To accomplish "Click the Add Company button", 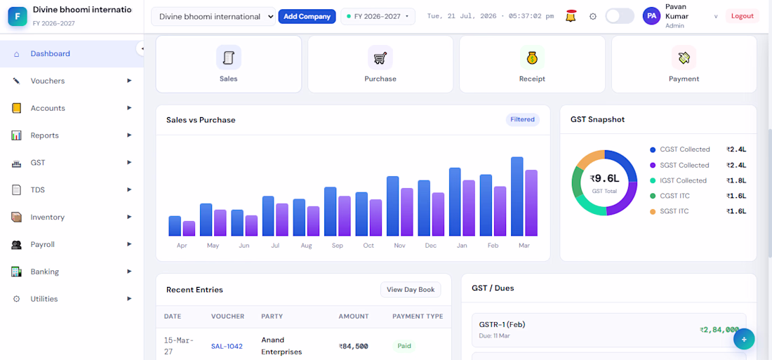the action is (x=307, y=16).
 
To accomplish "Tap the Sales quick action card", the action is (x=229, y=64).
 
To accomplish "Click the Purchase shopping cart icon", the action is (x=380, y=58).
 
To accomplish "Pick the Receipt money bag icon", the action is (x=532, y=58).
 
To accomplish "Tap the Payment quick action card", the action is (x=684, y=64).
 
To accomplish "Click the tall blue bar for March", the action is (x=517, y=196).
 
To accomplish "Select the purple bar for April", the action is (x=189, y=229).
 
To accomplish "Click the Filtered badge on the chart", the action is (x=522, y=120).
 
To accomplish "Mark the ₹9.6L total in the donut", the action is (x=604, y=179).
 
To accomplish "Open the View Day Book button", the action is (x=411, y=290).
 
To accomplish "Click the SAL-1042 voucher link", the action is (x=227, y=346).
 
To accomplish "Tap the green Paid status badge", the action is (x=404, y=346).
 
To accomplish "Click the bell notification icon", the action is (x=571, y=16).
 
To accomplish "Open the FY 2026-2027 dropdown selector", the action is (x=378, y=16).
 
